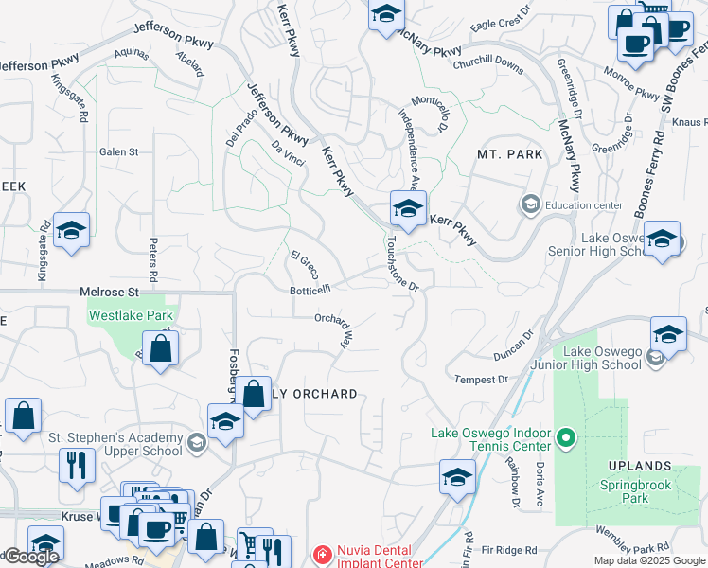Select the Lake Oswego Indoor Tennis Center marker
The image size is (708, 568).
click(566, 438)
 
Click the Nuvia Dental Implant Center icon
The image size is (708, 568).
click(322, 555)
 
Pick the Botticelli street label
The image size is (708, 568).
click(310, 289)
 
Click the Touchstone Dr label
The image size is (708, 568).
click(401, 264)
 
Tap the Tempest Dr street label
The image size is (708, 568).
click(482, 380)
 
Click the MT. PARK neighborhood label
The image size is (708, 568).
click(510, 154)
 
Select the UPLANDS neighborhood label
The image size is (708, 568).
click(641, 467)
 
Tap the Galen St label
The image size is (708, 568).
click(119, 151)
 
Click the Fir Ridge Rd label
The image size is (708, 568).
click(509, 550)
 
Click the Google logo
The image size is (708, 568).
click(31, 557)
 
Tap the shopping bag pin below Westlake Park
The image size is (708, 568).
click(162, 348)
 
